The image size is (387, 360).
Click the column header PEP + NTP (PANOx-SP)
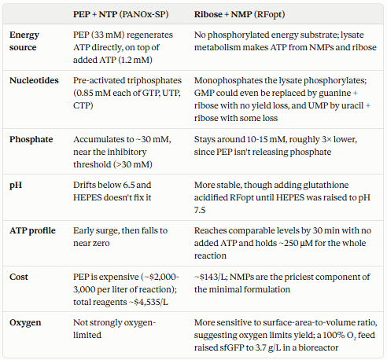[x=121, y=14]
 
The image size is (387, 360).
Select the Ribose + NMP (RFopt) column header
[x=239, y=14]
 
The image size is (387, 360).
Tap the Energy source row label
[x=24, y=41]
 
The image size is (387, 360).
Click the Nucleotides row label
[x=34, y=80]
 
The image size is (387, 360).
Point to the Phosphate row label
[x=31, y=139]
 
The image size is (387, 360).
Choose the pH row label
[x=16, y=186]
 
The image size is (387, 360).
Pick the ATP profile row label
[x=32, y=230]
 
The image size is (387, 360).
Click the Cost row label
[x=19, y=277]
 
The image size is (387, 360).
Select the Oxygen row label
[x=25, y=323]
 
